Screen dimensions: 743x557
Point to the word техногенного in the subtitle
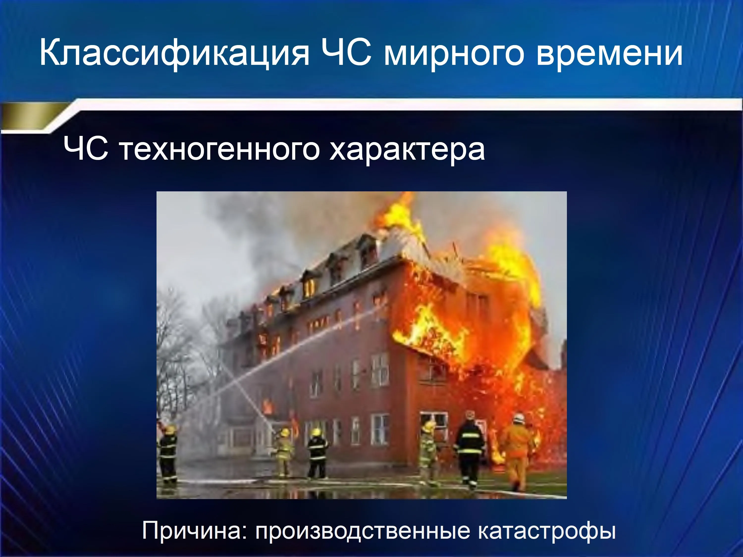tap(219, 150)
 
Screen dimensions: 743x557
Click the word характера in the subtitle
tap(407, 150)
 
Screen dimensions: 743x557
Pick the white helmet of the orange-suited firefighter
tap(519, 418)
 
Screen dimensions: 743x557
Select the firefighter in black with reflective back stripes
tap(470, 450)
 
